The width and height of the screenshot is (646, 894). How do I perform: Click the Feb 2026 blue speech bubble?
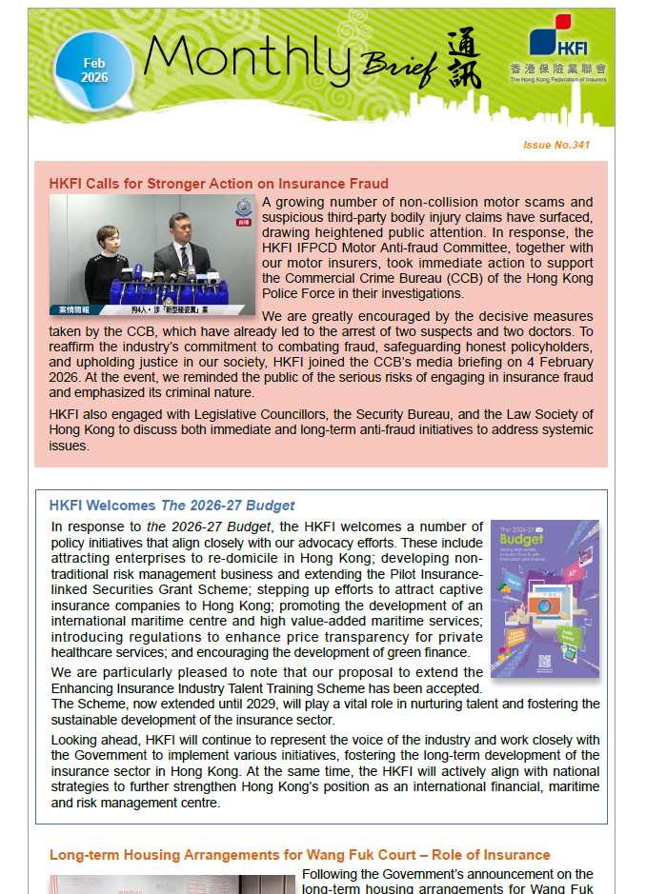pyautogui.click(x=92, y=71)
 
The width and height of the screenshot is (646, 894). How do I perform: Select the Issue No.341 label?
pyautogui.click(x=556, y=146)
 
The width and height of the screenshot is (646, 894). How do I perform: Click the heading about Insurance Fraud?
pyautogui.click(x=218, y=184)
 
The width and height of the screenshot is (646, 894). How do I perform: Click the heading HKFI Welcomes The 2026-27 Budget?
pyautogui.click(x=172, y=506)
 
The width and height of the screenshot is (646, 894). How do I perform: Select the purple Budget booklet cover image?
pyautogui.click(x=544, y=598)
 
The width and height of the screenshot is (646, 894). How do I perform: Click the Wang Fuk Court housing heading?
pyautogui.click(x=299, y=855)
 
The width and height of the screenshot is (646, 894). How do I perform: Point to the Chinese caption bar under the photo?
pyautogui.click(x=152, y=309)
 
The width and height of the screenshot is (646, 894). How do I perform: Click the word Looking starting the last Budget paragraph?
pyautogui.click(x=73, y=740)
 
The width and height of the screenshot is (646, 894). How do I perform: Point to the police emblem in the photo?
pyautogui.click(x=240, y=208)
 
